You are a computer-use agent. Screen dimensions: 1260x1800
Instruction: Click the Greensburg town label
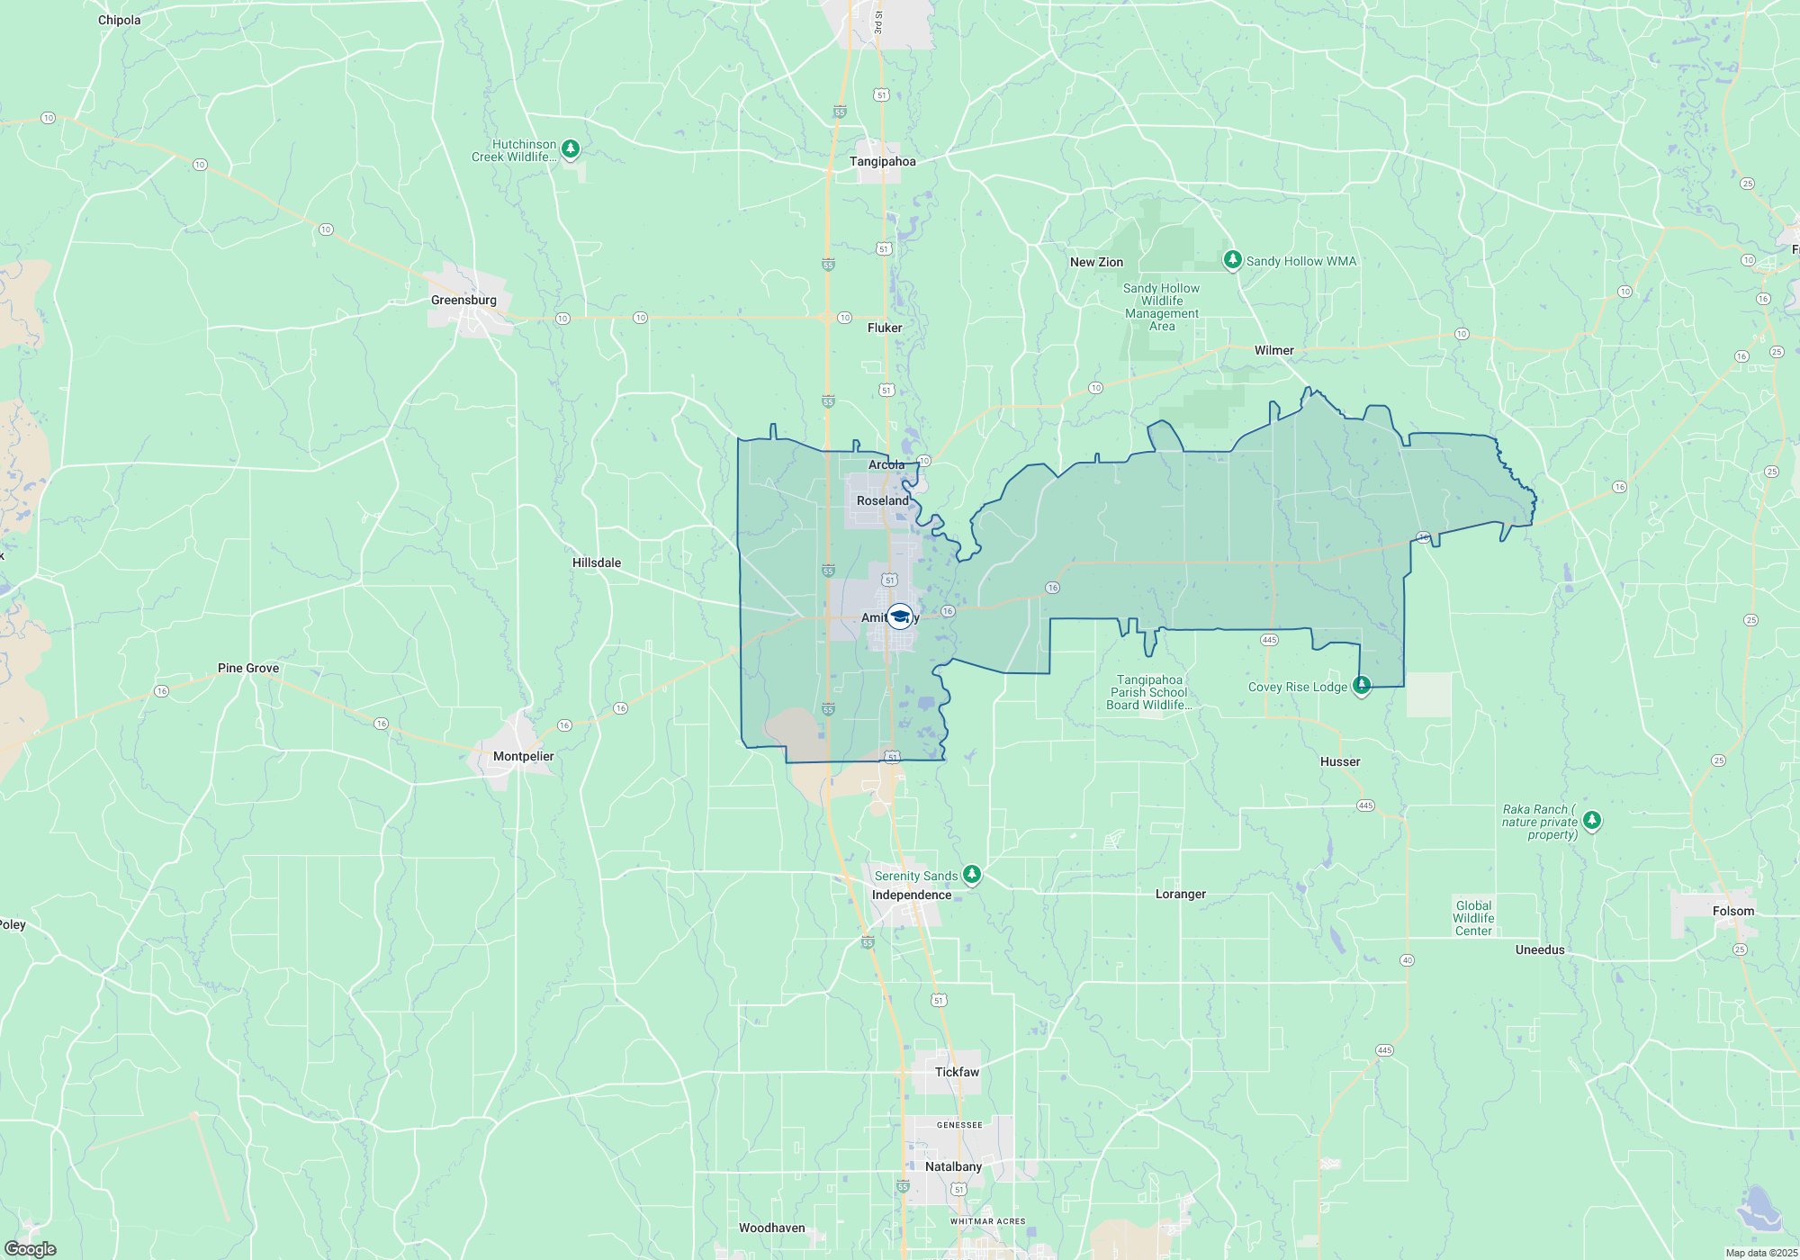click(x=463, y=300)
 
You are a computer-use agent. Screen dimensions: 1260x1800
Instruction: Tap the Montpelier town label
click(x=523, y=756)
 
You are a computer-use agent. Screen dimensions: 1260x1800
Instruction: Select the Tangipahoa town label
click(x=882, y=161)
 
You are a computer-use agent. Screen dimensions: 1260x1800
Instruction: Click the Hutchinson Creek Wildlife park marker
click(x=570, y=148)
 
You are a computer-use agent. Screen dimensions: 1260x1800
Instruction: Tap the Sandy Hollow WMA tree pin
click(x=1232, y=259)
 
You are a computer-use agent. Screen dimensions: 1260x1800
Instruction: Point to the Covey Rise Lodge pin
click(x=1362, y=685)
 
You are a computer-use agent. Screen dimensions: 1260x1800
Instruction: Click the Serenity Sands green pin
click(x=971, y=873)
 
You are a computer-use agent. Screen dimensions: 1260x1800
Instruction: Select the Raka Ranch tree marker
click(x=1592, y=819)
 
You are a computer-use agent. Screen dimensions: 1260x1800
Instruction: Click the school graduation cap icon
click(x=899, y=616)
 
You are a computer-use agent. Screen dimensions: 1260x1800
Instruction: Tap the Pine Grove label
click(x=248, y=668)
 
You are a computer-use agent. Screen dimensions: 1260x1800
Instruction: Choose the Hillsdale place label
click(x=597, y=562)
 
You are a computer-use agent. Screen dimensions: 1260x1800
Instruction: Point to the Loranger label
click(x=1180, y=894)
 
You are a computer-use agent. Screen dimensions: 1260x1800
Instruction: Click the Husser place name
click(x=1340, y=761)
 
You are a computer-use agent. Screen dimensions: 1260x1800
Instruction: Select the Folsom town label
click(x=1733, y=911)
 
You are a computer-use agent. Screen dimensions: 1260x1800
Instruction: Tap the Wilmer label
click(x=1273, y=350)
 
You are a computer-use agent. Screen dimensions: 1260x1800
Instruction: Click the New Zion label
click(x=1096, y=262)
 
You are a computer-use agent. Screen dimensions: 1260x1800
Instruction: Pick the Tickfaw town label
click(x=957, y=1072)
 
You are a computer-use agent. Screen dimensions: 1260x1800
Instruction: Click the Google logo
click(x=31, y=1248)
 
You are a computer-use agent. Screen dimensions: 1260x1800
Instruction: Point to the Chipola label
click(x=120, y=20)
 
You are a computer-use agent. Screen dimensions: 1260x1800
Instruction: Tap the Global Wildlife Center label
click(x=1473, y=918)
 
